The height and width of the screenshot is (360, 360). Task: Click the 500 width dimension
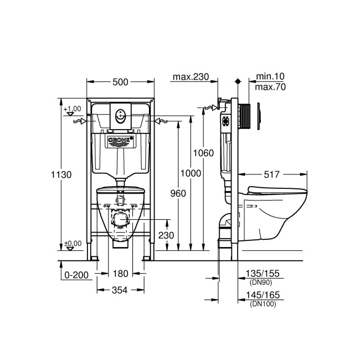pyautogui.click(x=120, y=82)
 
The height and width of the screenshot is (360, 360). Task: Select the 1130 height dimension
pyautogui.click(x=64, y=174)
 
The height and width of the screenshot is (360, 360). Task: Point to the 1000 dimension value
pyautogui.click(x=191, y=173)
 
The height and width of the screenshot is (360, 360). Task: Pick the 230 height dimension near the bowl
pyautogui.click(x=166, y=235)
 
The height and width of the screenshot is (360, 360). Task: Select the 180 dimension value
pyautogui.click(x=120, y=274)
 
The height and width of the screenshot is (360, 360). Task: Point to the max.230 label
pyautogui.click(x=191, y=77)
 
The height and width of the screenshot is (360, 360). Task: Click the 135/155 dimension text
pyautogui.click(x=264, y=274)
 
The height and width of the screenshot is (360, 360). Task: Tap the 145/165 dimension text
pyautogui.click(x=264, y=296)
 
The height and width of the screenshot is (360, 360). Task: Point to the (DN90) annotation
pyautogui.click(x=262, y=282)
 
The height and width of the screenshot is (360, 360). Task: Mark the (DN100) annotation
pyautogui.click(x=263, y=304)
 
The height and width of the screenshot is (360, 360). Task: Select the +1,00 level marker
pyautogui.click(x=72, y=109)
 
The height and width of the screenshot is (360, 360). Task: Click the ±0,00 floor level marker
pyautogui.click(x=72, y=243)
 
